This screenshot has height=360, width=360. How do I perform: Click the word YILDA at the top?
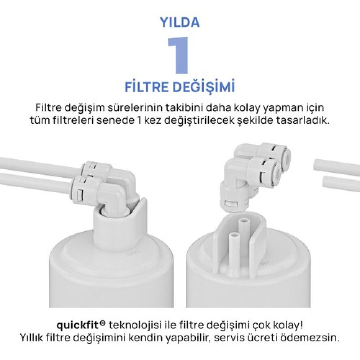(x=180, y=22)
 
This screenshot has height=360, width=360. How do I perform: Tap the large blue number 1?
(x=179, y=55)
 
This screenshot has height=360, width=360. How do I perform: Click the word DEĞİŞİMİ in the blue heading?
(x=203, y=87)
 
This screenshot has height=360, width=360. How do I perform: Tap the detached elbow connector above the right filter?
(x=255, y=175)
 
